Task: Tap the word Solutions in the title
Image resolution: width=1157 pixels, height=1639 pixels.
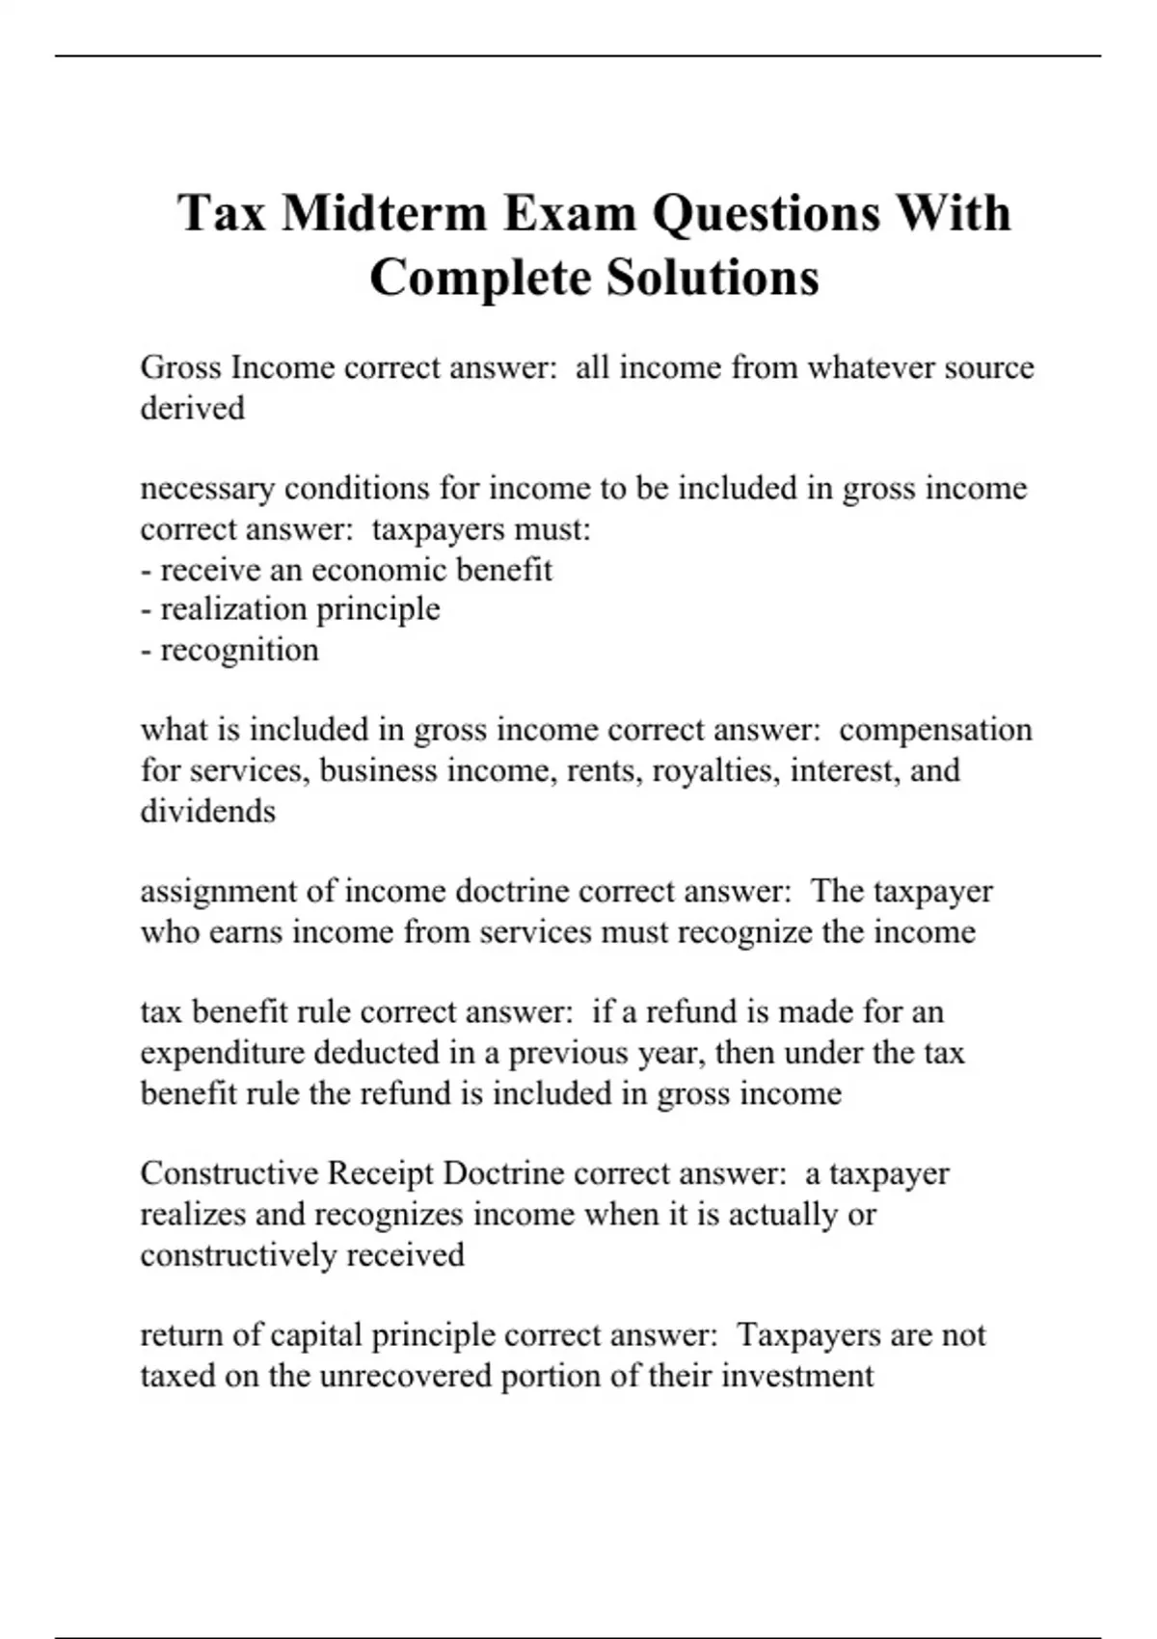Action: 713,278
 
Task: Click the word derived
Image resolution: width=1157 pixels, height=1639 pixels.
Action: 193,408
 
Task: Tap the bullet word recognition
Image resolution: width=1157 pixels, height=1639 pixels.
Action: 239,650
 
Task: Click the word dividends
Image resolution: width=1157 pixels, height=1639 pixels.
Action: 208,811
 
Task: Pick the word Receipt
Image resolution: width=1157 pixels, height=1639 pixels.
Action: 381,1173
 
